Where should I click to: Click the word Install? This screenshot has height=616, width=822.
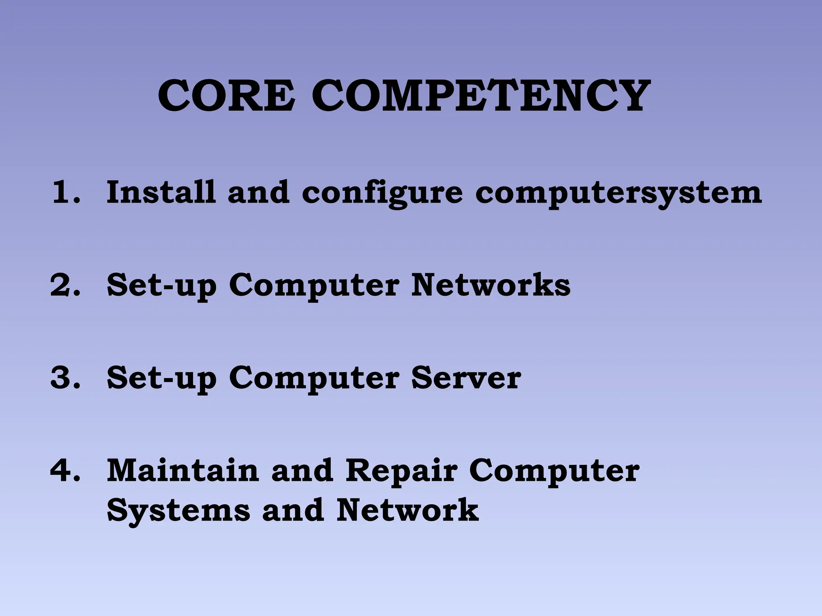click(161, 192)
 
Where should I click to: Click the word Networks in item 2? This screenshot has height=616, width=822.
click(490, 285)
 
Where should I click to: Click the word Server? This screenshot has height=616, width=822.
click(466, 378)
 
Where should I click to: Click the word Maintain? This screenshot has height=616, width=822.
click(183, 470)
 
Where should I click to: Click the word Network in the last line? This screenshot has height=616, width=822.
click(407, 510)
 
